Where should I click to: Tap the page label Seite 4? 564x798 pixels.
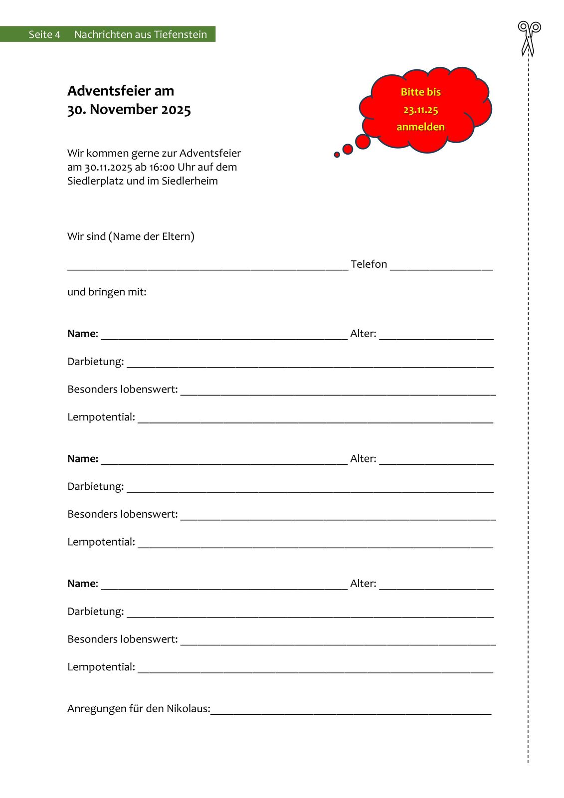[x=44, y=34]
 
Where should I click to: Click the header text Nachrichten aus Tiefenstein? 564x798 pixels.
[x=141, y=34]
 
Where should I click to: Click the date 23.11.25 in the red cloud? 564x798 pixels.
[x=420, y=110]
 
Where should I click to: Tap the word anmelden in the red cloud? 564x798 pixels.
[x=420, y=127]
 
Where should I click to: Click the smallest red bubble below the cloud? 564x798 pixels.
[x=337, y=155]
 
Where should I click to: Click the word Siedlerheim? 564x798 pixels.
[x=189, y=181]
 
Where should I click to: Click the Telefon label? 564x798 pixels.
[x=369, y=264]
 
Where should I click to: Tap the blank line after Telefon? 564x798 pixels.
[x=441, y=268]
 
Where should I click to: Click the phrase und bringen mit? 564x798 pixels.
[x=107, y=292]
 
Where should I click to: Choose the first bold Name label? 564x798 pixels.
[x=82, y=334]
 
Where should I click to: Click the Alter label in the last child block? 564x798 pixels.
[x=363, y=584]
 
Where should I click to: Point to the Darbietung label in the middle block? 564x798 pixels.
[x=95, y=486]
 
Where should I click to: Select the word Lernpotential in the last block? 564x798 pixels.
[x=101, y=667]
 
